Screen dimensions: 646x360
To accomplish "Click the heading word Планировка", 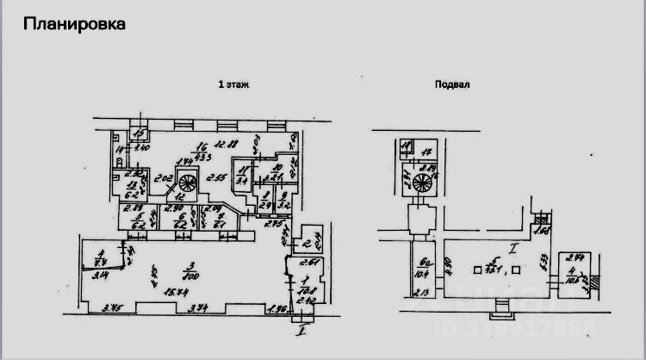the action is [75, 23].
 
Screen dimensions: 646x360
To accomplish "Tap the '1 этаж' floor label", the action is [233, 84].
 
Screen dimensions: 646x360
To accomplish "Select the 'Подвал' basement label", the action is [453, 84].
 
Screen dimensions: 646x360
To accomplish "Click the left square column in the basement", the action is [476, 270].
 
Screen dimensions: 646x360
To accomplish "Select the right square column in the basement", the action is [515, 270].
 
